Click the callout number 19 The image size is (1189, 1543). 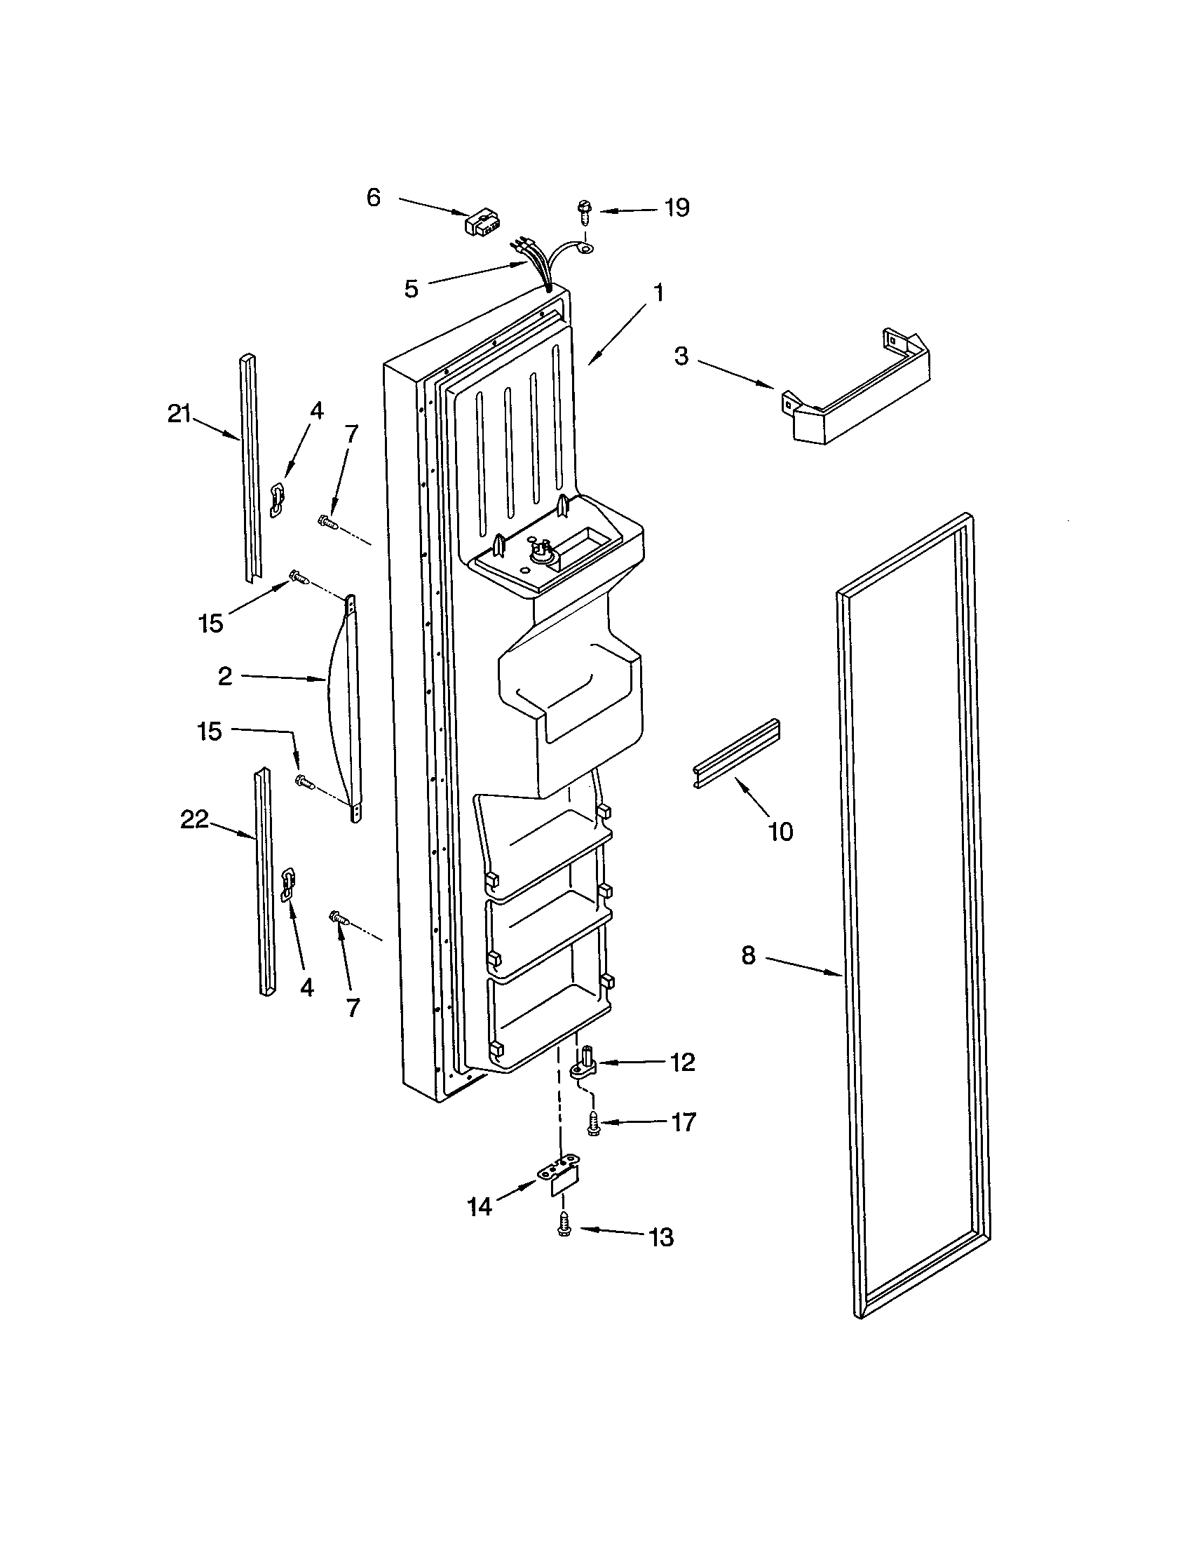pyautogui.click(x=677, y=208)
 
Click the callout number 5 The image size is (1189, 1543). pyautogui.click(x=411, y=288)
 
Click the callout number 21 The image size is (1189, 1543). pyautogui.click(x=179, y=415)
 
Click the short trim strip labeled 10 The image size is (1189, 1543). pyautogui.click(x=735, y=754)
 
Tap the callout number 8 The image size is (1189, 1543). pyautogui.click(x=749, y=956)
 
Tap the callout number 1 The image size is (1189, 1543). pyautogui.click(x=658, y=292)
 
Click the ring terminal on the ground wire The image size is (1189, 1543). pyautogui.click(x=587, y=247)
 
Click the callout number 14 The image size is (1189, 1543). pyautogui.click(x=480, y=1207)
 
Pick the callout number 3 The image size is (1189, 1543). pyautogui.click(x=680, y=356)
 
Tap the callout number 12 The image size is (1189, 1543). pyautogui.click(x=683, y=1062)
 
